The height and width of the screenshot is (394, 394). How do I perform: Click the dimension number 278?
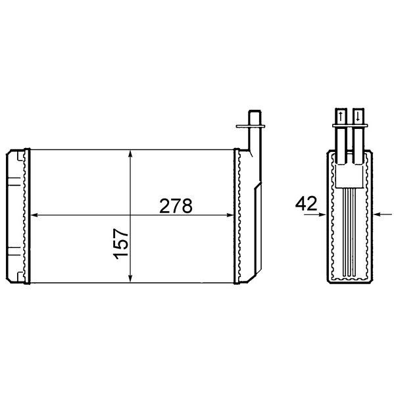click(176, 206)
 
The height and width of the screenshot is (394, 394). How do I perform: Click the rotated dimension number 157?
click(121, 243)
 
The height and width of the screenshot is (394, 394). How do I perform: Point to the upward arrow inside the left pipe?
click(341, 116)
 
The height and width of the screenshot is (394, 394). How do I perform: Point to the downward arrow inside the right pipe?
click(358, 116)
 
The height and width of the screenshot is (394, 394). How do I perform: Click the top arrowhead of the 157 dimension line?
click(130, 153)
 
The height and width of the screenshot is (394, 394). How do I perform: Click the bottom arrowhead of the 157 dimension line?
click(130, 279)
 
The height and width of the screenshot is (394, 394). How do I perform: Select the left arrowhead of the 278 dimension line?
click(34, 215)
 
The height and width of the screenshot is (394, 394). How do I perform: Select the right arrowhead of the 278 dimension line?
click(230, 215)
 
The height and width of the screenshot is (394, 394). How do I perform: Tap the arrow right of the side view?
click(382, 214)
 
